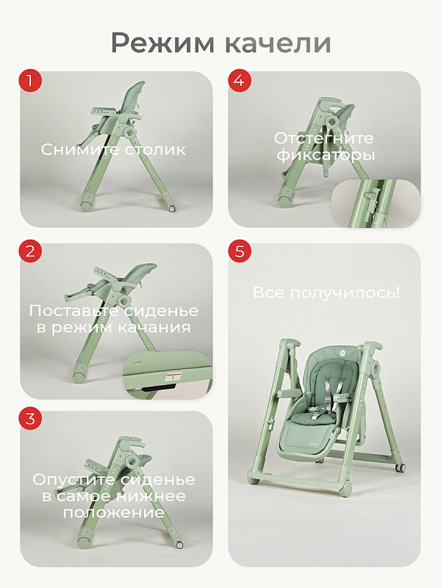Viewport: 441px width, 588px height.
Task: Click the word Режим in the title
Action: pos(162,44)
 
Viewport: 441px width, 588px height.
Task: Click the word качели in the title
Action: pos(279,43)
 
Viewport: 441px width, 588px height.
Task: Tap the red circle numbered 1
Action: pos(30,80)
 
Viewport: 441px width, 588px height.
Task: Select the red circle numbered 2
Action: pos(30,251)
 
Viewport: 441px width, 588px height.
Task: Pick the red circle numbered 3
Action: pos(30,418)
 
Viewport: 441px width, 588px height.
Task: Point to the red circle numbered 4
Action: pos(240,80)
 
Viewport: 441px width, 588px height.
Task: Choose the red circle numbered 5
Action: pos(240,251)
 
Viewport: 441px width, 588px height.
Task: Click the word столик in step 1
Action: pos(155,150)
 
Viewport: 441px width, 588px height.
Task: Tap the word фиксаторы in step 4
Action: pos(326,155)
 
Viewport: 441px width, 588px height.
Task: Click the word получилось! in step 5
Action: pos(345,293)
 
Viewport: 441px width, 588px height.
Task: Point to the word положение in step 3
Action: pos(114,512)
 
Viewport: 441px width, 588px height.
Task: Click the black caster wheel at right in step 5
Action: pos(401,467)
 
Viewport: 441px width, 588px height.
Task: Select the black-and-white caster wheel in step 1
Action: pos(172,209)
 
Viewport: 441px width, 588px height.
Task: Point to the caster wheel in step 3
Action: pos(179,545)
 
